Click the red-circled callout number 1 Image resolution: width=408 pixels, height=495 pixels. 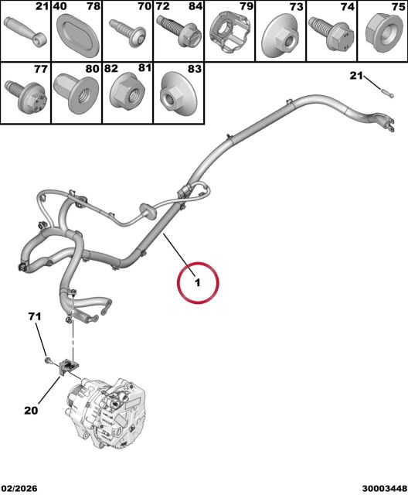point(197,282)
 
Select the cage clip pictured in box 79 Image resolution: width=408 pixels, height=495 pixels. point(231,31)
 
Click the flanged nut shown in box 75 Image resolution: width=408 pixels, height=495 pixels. point(384,32)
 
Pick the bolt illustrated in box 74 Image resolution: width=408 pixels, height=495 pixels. point(331,33)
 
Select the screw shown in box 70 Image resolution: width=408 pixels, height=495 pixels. point(127,31)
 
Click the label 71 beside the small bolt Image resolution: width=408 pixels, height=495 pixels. point(35,316)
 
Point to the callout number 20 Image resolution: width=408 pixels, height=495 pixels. point(31,410)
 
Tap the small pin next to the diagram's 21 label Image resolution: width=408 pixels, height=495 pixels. point(387,94)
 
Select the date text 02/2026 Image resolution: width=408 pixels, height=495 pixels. point(19,488)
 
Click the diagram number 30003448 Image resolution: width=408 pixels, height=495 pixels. point(384,488)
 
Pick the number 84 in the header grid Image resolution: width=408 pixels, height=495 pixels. point(195,6)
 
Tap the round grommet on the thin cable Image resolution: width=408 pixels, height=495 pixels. point(148,211)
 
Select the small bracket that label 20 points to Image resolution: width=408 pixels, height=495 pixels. point(68,367)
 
